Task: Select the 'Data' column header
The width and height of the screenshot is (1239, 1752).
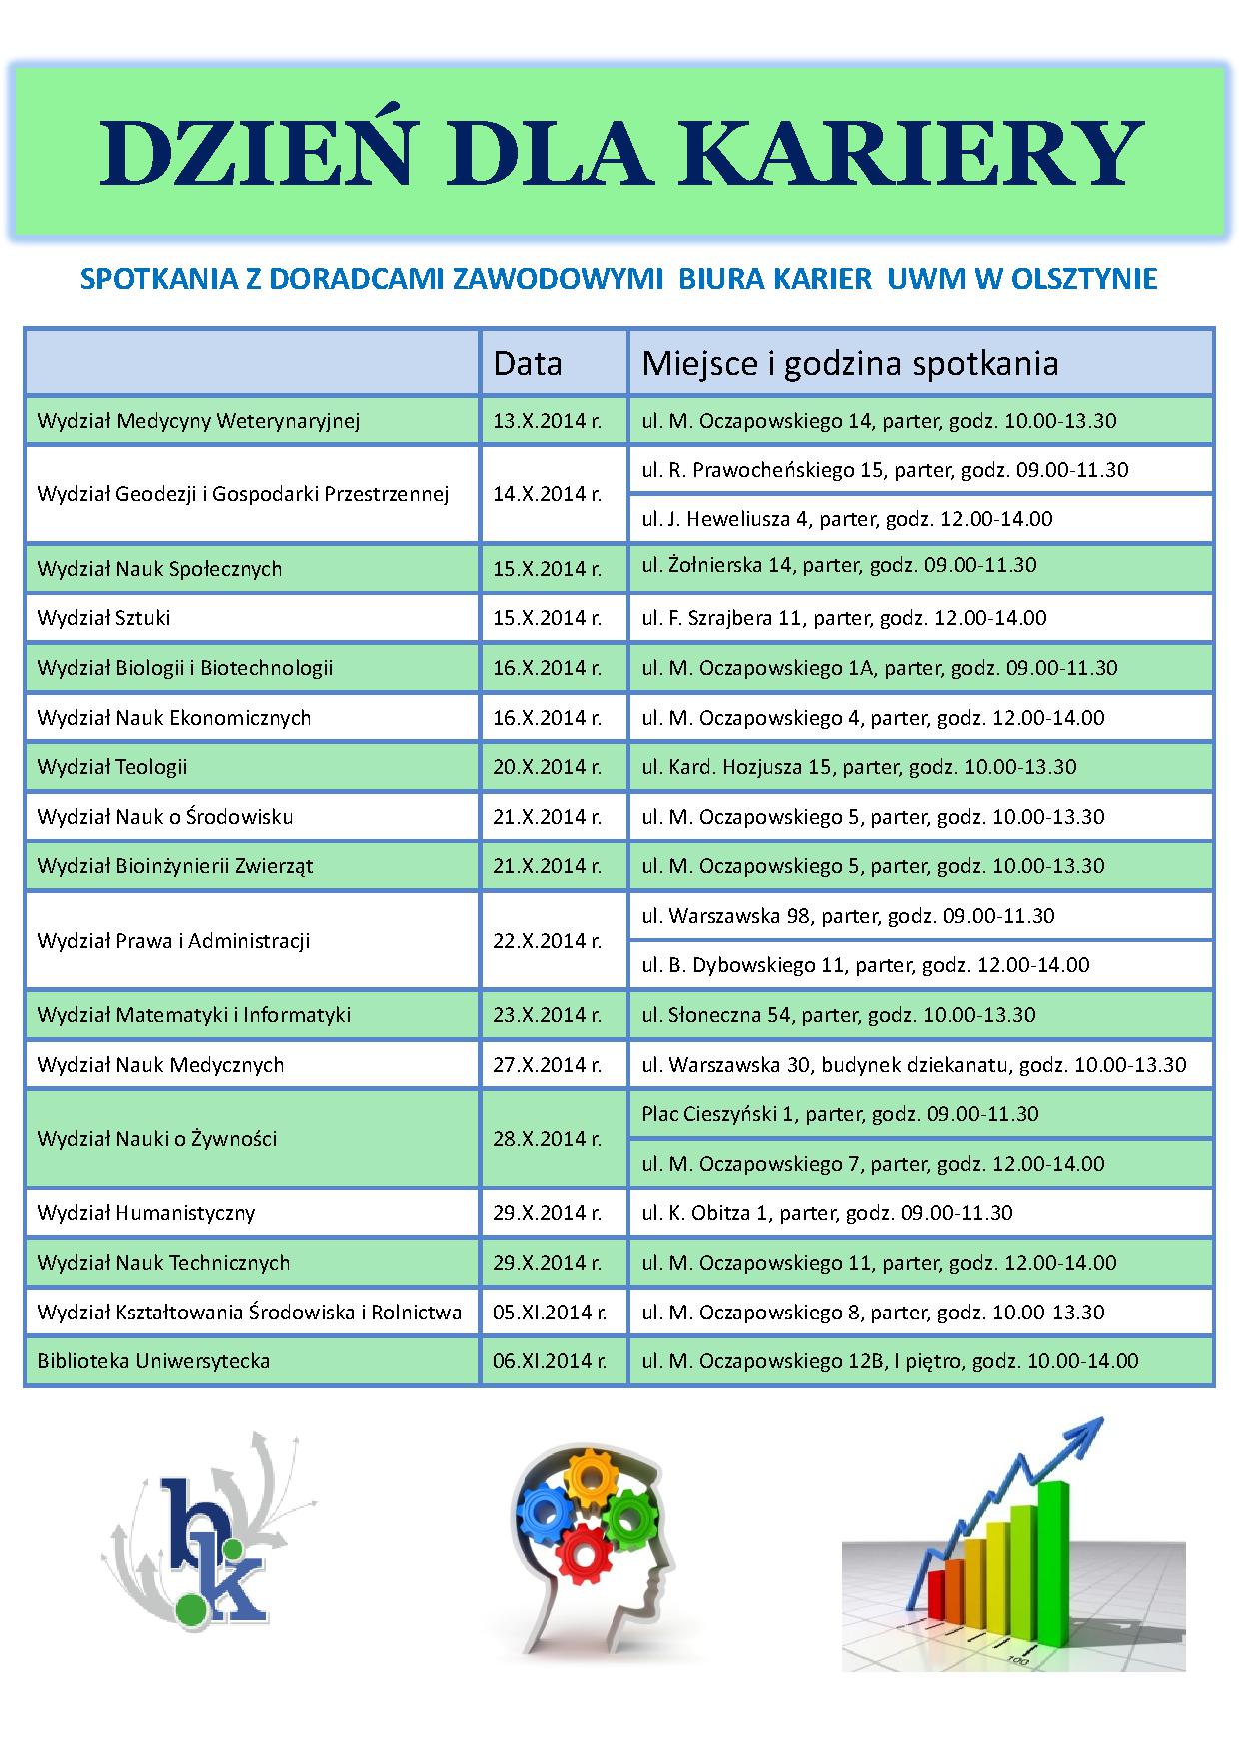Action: pos(527,363)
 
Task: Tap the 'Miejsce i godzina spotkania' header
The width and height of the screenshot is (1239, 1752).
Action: pos(849,363)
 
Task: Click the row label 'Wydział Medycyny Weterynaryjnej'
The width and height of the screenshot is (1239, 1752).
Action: pos(198,421)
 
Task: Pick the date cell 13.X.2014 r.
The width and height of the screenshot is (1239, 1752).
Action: pos(547,421)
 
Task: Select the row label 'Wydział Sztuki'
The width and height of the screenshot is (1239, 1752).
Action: pos(104,618)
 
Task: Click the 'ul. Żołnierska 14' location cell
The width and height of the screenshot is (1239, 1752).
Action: pos(838,565)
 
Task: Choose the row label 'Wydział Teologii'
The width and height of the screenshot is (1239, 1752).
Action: pos(112,767)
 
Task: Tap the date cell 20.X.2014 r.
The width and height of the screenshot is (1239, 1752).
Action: pos(547,767)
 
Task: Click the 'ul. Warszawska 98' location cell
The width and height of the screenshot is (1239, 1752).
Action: pos(847,915)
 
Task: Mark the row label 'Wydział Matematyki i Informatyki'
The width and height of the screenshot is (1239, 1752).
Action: pos(194,1015)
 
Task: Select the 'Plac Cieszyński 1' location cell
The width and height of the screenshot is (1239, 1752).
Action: pos(839,1114)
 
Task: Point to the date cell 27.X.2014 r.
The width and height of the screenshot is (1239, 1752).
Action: pos(547,1065)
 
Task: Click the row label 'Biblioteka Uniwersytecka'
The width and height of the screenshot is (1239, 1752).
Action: pos(153,1361)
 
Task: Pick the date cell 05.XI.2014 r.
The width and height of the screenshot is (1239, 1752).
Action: pos(550,1313)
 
